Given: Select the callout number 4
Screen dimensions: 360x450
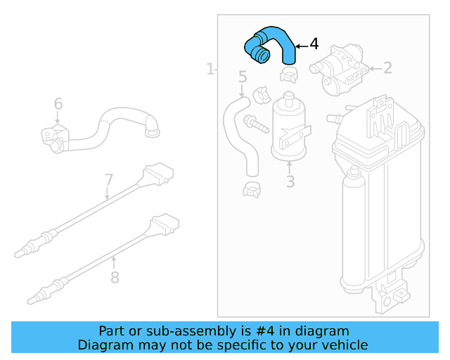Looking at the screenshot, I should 314,44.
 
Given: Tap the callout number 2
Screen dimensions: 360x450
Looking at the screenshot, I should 387,68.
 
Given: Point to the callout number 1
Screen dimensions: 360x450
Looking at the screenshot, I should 210,69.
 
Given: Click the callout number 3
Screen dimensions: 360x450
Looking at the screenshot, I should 290,183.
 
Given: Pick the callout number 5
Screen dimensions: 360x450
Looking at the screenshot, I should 243,77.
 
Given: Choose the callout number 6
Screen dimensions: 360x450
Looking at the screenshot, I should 58,104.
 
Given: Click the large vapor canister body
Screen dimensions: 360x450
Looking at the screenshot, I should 380,204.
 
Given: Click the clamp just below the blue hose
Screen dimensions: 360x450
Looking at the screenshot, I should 288,73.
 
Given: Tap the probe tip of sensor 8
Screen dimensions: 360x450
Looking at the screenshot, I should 33,301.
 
